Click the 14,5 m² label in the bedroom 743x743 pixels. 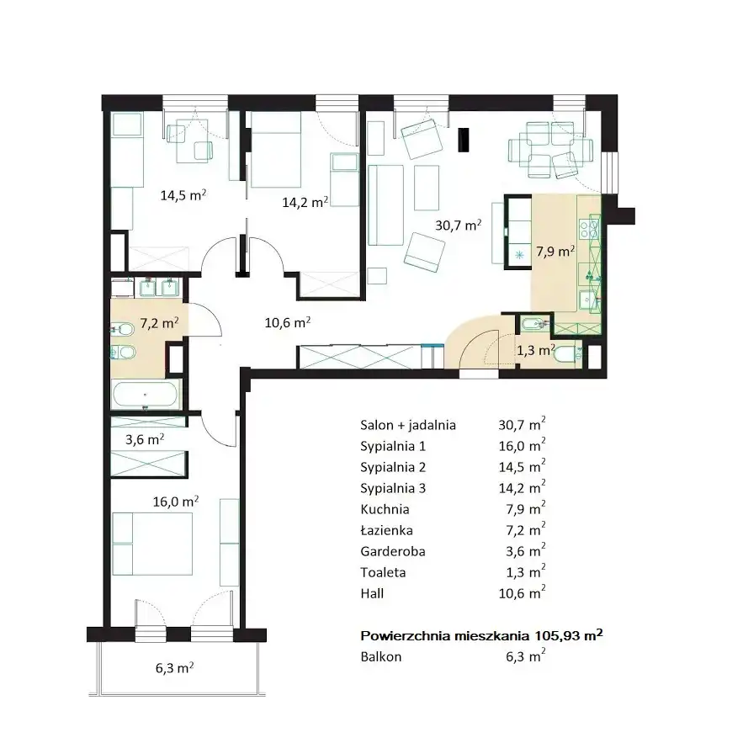(183, 194)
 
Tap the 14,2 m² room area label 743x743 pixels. (305, 202)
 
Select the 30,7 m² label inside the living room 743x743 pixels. (459, 225)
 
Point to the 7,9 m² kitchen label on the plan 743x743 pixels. (555, 251)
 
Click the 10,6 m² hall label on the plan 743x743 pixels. (287, 322)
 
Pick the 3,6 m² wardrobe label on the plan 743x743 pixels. (145, 439)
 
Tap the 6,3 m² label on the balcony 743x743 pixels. (174, 667)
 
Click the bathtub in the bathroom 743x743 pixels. (146, 394)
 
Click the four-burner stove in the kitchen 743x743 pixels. (589, 226)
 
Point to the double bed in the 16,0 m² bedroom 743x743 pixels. (152, 544)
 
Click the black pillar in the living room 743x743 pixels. (464, 140)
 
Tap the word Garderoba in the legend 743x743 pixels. (392, 551)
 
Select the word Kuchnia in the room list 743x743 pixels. (385, 509)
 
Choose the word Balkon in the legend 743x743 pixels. (380, 656)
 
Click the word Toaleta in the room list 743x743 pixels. (383, 572)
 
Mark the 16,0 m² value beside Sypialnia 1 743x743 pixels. (522, 445)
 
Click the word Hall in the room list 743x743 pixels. (372, 592)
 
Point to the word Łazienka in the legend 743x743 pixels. (386, 530)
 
